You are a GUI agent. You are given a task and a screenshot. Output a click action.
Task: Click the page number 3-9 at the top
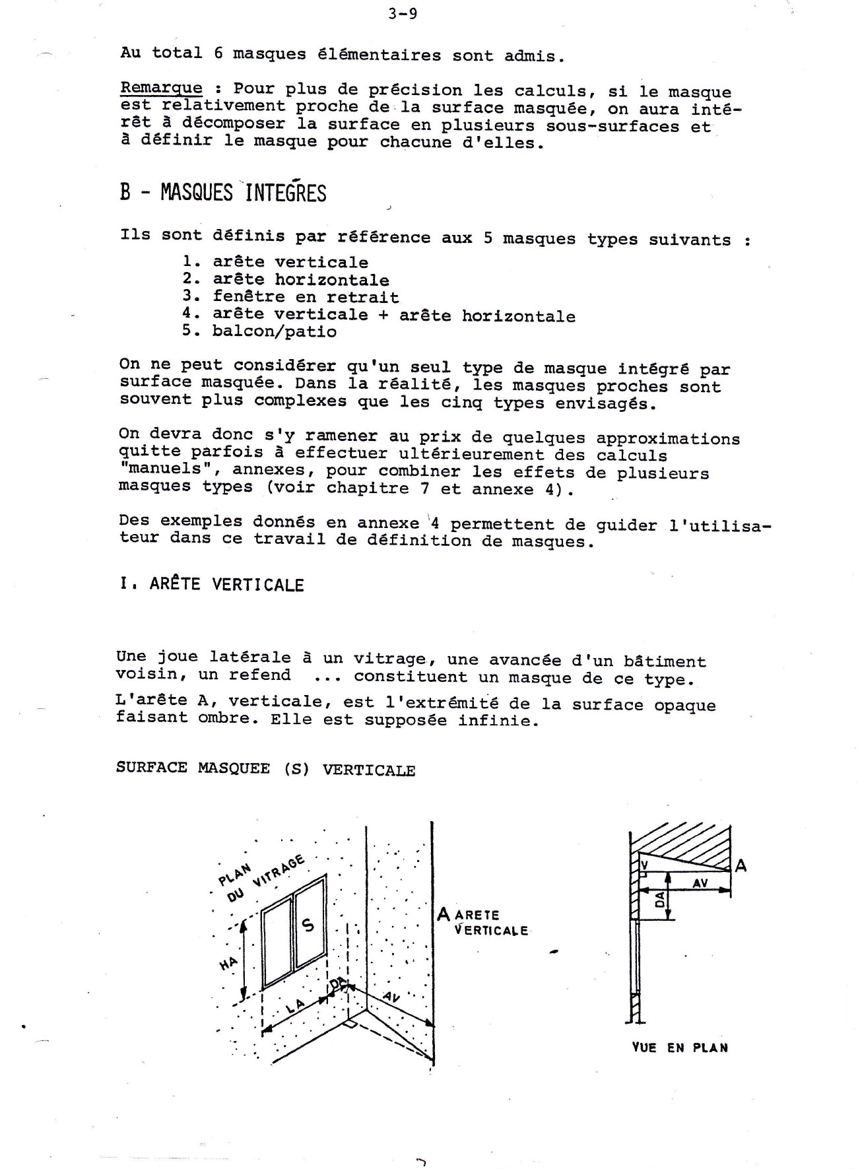pos(403,14)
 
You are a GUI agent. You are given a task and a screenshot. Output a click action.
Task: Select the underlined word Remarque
pos(161,88)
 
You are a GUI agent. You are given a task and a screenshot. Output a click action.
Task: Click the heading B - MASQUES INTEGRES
pos(223,192)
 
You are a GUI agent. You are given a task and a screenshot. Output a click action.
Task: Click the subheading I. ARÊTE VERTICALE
pos(211,585)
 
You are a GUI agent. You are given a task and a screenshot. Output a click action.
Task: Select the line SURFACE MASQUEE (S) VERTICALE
pos(265,769)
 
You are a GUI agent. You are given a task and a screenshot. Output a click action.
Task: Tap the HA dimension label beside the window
pos(228,964)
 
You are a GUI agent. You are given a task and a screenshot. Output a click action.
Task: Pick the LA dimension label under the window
pos(295,1007)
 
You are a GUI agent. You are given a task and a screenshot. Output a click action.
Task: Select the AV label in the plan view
pos(700,883)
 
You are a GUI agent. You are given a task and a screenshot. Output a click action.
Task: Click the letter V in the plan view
pos(644,863)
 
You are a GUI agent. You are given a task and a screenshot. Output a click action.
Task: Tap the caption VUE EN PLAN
pos(680,1048)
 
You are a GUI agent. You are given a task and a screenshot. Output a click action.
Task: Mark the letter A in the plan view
pos(741,865)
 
